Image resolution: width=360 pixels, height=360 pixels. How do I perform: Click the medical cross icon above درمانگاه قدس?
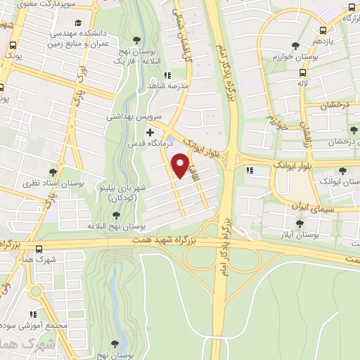tap(149, 131)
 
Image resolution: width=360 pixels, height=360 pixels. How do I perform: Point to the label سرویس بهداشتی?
tap(129, 115)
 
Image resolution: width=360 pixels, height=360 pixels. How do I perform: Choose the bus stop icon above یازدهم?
tap(322, 30)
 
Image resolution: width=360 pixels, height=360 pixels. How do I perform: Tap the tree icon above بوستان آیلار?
tap(300, 223)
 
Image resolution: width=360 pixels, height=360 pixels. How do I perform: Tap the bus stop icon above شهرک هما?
tap(38, 247)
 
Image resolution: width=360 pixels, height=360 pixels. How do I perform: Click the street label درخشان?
tap(335, 105)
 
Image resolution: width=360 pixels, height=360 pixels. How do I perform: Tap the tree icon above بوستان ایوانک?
tap(342, 171)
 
